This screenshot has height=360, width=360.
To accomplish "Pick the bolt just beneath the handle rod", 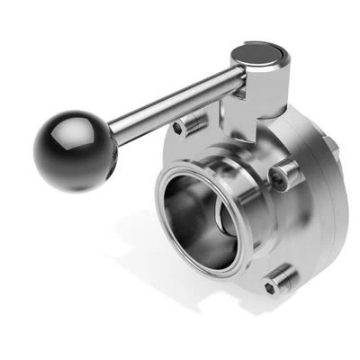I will pos(190,124).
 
